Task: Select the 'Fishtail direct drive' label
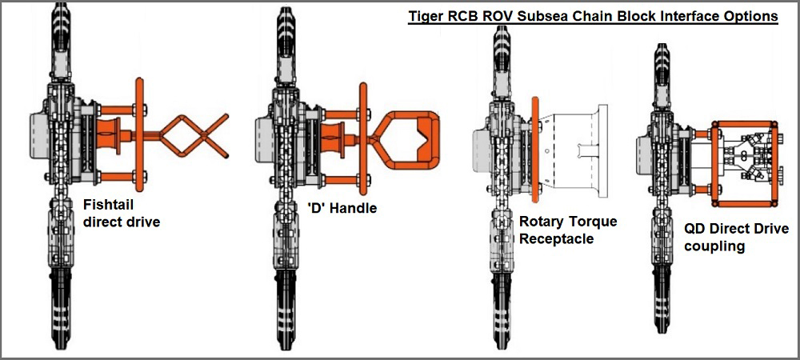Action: point(121,213)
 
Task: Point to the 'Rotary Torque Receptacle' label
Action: point(568,230)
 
